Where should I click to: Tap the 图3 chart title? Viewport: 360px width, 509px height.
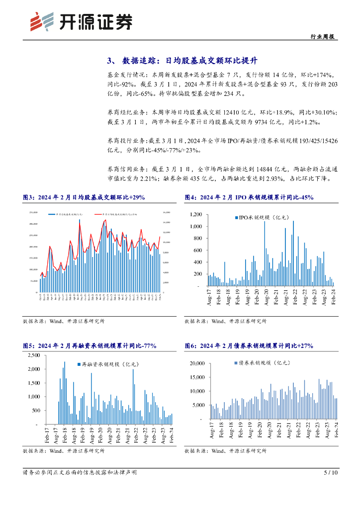84,197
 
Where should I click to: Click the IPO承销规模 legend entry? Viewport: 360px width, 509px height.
261,217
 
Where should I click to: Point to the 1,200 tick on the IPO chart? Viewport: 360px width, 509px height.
194,214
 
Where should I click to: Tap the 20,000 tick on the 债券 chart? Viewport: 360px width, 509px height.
197,364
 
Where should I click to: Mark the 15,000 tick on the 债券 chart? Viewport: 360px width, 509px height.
197,378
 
